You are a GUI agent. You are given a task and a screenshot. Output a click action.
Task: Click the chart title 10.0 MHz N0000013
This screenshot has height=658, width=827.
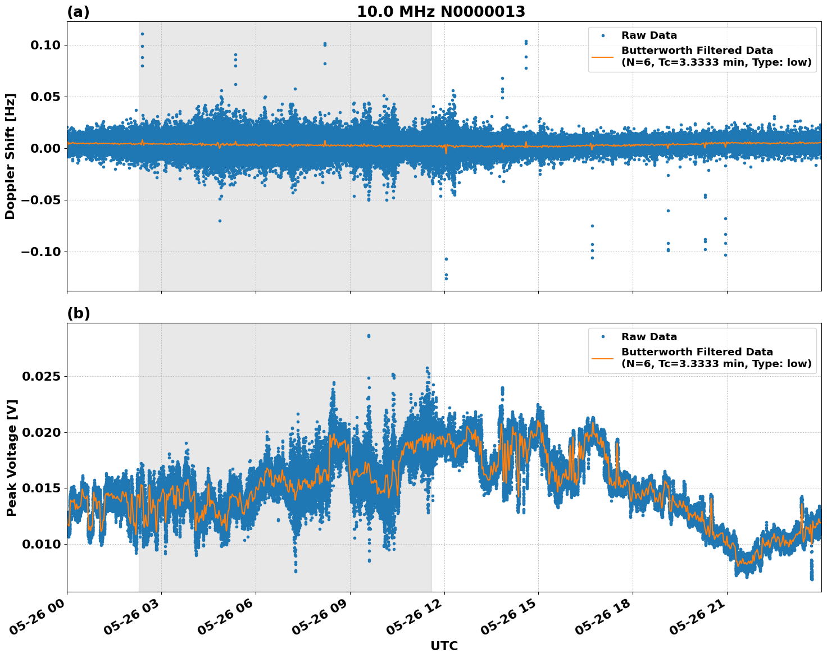(441, 12)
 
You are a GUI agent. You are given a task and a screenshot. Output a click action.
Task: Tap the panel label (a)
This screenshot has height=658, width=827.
(78, 12)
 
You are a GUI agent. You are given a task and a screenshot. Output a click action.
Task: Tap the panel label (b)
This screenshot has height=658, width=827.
(78, 313)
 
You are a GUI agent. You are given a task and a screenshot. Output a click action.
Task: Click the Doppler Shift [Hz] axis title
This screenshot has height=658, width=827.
(10, 156)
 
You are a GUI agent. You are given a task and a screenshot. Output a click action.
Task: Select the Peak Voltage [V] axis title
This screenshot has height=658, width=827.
(11, 458)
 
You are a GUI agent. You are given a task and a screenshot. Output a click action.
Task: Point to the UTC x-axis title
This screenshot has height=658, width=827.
(444, 646)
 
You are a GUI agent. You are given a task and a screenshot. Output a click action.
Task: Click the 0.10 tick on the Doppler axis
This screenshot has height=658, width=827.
(44, 45)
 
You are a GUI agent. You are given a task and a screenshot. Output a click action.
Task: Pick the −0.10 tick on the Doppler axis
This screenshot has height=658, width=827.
(40, 252)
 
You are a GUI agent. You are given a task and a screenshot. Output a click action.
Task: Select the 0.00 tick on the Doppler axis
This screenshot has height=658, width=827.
(44, 148)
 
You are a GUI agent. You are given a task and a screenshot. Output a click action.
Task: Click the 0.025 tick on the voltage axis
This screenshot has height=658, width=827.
(40, 376)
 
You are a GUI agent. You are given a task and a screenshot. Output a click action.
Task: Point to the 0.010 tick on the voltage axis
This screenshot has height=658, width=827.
(40, 544)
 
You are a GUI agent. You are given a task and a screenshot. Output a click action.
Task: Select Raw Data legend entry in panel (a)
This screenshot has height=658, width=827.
(649, 35)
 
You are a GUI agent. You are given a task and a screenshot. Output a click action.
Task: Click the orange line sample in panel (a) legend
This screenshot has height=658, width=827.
(603, 56)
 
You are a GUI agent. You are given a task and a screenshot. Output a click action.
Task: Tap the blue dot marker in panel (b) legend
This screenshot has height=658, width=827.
(603, 337)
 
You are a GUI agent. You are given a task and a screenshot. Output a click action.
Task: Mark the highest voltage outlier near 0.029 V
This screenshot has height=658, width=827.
(369, 336)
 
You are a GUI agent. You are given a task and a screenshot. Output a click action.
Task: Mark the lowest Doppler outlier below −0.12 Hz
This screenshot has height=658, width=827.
(446, 278)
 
